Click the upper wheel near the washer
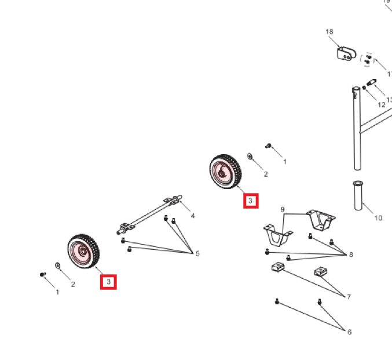(224, 171)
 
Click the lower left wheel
(83, 252)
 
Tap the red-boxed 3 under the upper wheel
(250, 201)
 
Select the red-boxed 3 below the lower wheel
(108, 282)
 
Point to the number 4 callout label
(193, 216)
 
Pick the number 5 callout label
(197, 253)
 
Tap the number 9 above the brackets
(283, 209)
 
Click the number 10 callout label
(378, 218)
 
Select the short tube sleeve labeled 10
(357, 195)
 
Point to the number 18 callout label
(329, 31)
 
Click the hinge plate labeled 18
(346, 54)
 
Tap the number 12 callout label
(381, 105)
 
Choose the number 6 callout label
(349, 332)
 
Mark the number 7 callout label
(349, 296)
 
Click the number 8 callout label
(350, 254)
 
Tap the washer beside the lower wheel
(58, 265)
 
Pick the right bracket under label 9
(321, 220)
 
